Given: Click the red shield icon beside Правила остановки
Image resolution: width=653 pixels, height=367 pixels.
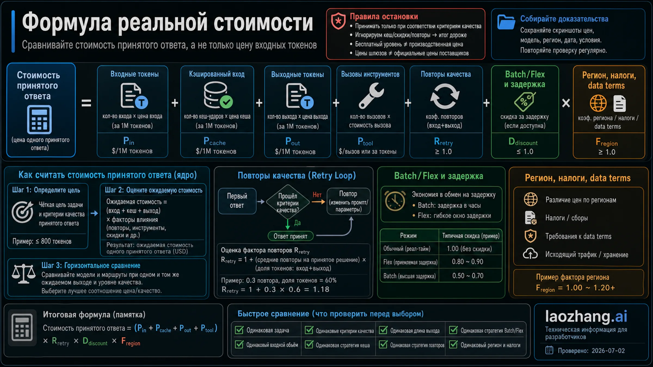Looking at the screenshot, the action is coord(338,21).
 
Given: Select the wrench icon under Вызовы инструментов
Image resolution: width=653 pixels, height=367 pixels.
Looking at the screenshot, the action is coord(371,96).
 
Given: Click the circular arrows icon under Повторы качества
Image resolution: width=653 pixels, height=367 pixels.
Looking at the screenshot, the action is coord(445,96).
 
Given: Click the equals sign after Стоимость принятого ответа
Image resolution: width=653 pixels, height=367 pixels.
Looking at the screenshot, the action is coord(86,103).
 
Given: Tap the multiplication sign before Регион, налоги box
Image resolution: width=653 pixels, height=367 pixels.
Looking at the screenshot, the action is coord(566,103).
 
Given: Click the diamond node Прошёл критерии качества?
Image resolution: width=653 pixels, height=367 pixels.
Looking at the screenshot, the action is coord(288,202).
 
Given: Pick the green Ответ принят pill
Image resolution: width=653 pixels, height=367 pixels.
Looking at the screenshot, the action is coord(290,236).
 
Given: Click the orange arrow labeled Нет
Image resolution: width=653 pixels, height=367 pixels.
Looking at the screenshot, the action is coord(318,202).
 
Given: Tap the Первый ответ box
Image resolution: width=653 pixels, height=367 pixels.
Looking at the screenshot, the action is coord(237,201).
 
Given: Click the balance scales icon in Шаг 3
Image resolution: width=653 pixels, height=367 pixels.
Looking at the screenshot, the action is coord(24,274).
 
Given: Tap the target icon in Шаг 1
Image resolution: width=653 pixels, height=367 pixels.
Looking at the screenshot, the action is coord(22,212).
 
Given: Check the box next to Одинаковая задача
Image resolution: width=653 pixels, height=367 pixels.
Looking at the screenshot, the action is coord(239,330).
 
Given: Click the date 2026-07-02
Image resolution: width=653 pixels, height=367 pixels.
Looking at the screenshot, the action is coord(608,351).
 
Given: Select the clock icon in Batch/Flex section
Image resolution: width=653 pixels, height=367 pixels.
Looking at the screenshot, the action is coord(395,201).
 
